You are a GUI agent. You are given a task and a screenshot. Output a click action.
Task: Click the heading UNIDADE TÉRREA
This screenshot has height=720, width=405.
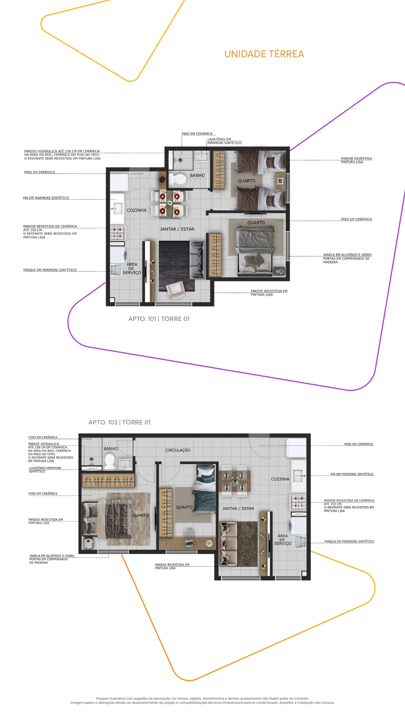(x=264, y=54)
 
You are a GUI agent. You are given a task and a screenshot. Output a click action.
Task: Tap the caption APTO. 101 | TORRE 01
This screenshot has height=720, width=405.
(x=159, y=319)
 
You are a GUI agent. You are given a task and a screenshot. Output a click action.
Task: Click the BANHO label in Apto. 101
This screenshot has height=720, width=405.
(x=197, y=175)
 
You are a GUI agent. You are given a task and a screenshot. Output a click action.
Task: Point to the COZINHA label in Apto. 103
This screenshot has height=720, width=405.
(x=280, y=479)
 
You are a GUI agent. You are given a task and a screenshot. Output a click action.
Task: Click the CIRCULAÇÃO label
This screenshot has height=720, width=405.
(x=178, y=450)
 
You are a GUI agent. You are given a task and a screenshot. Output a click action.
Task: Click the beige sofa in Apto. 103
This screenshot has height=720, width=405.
(x=228, y=544)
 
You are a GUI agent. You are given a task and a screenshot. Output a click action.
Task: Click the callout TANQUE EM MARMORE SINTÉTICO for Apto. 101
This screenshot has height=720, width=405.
(x=50, y=270)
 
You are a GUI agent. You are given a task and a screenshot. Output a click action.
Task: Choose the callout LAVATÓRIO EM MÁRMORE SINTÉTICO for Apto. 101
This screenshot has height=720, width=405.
(x=224, y=141)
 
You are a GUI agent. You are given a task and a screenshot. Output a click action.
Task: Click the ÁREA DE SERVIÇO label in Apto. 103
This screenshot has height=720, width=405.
(x=283, y=539)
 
